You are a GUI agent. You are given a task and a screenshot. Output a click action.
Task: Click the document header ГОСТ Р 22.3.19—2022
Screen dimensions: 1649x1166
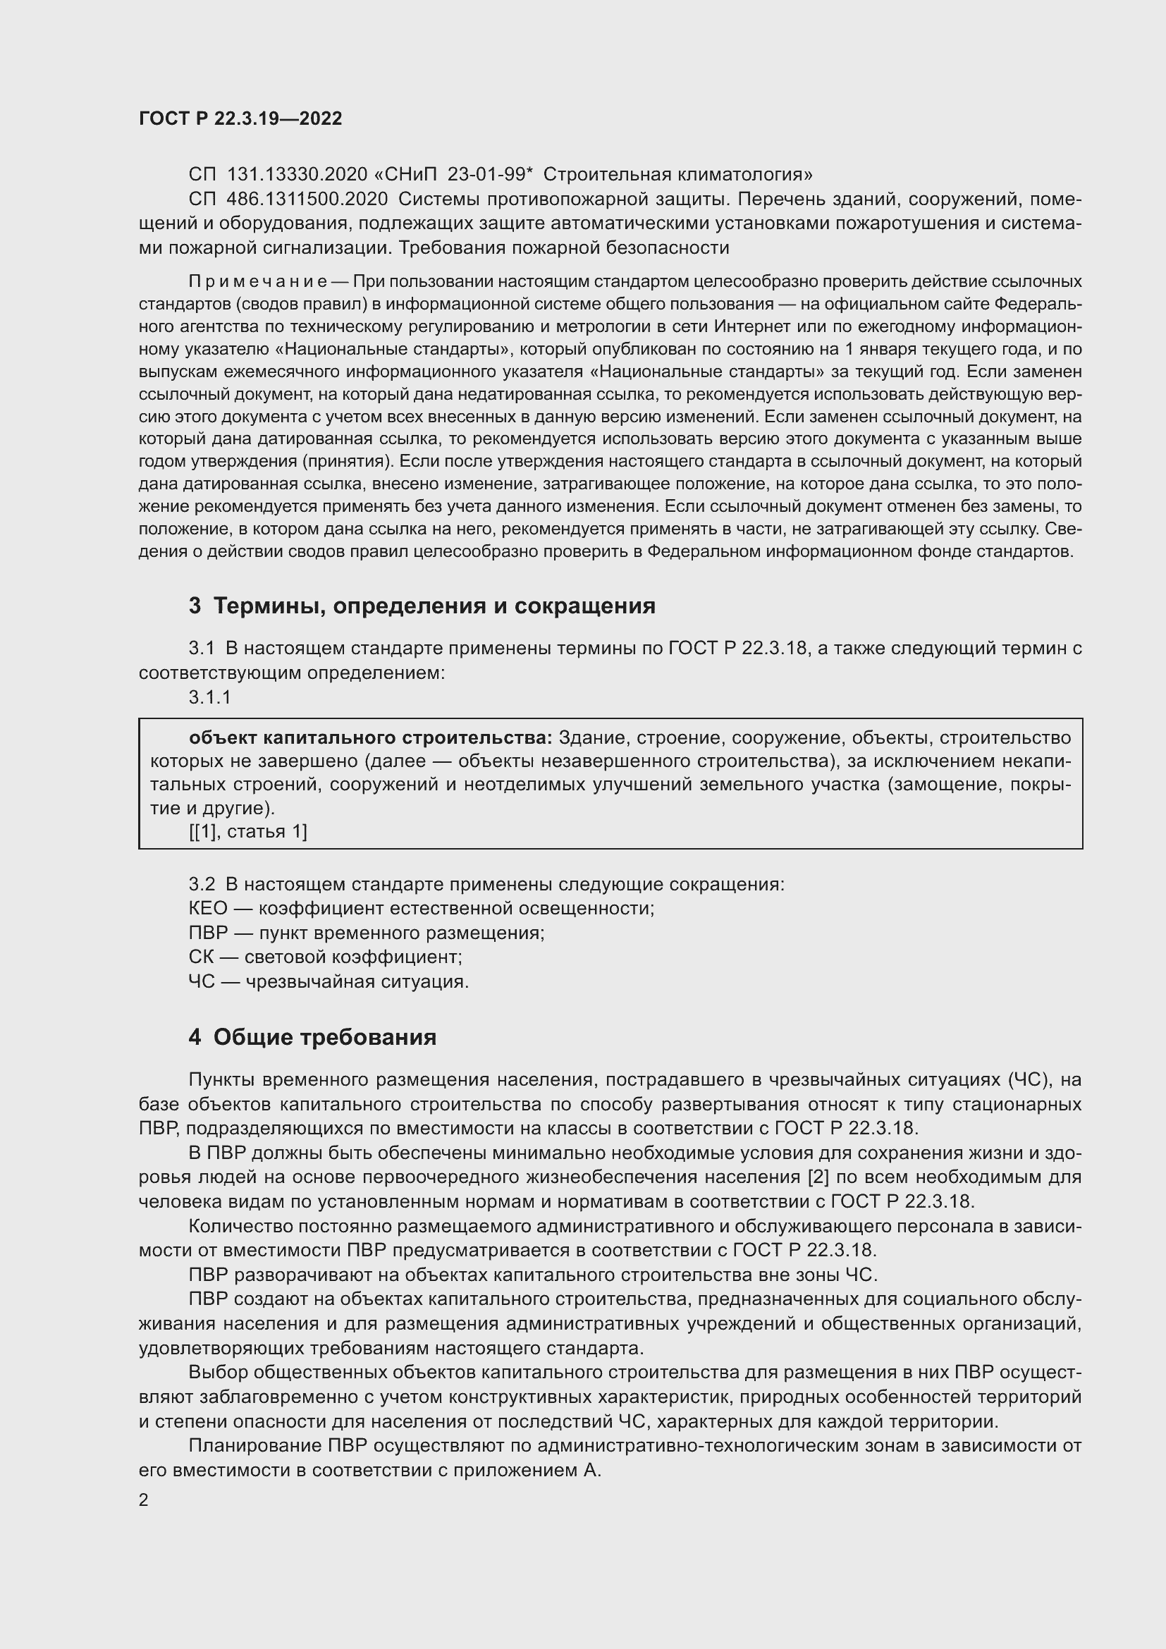click(240, 118)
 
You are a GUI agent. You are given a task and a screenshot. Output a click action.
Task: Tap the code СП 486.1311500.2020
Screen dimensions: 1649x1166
click(288, 199)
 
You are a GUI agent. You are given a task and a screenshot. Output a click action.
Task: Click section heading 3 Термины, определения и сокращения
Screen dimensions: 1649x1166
click(422, 606)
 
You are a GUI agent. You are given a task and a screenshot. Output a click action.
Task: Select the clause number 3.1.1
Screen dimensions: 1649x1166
click(209, 697)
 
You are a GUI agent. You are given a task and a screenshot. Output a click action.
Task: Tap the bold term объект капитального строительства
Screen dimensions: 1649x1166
click(370, 737)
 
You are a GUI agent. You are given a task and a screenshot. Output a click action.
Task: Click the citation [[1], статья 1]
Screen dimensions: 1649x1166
click(247, 832)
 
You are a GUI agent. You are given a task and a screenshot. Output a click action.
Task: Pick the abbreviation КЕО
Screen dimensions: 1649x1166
click(207, 908)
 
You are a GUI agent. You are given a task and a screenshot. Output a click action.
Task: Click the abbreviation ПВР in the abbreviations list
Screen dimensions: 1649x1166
click(207, 932)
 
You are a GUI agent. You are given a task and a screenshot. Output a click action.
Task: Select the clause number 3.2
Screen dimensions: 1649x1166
click(202, 884)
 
